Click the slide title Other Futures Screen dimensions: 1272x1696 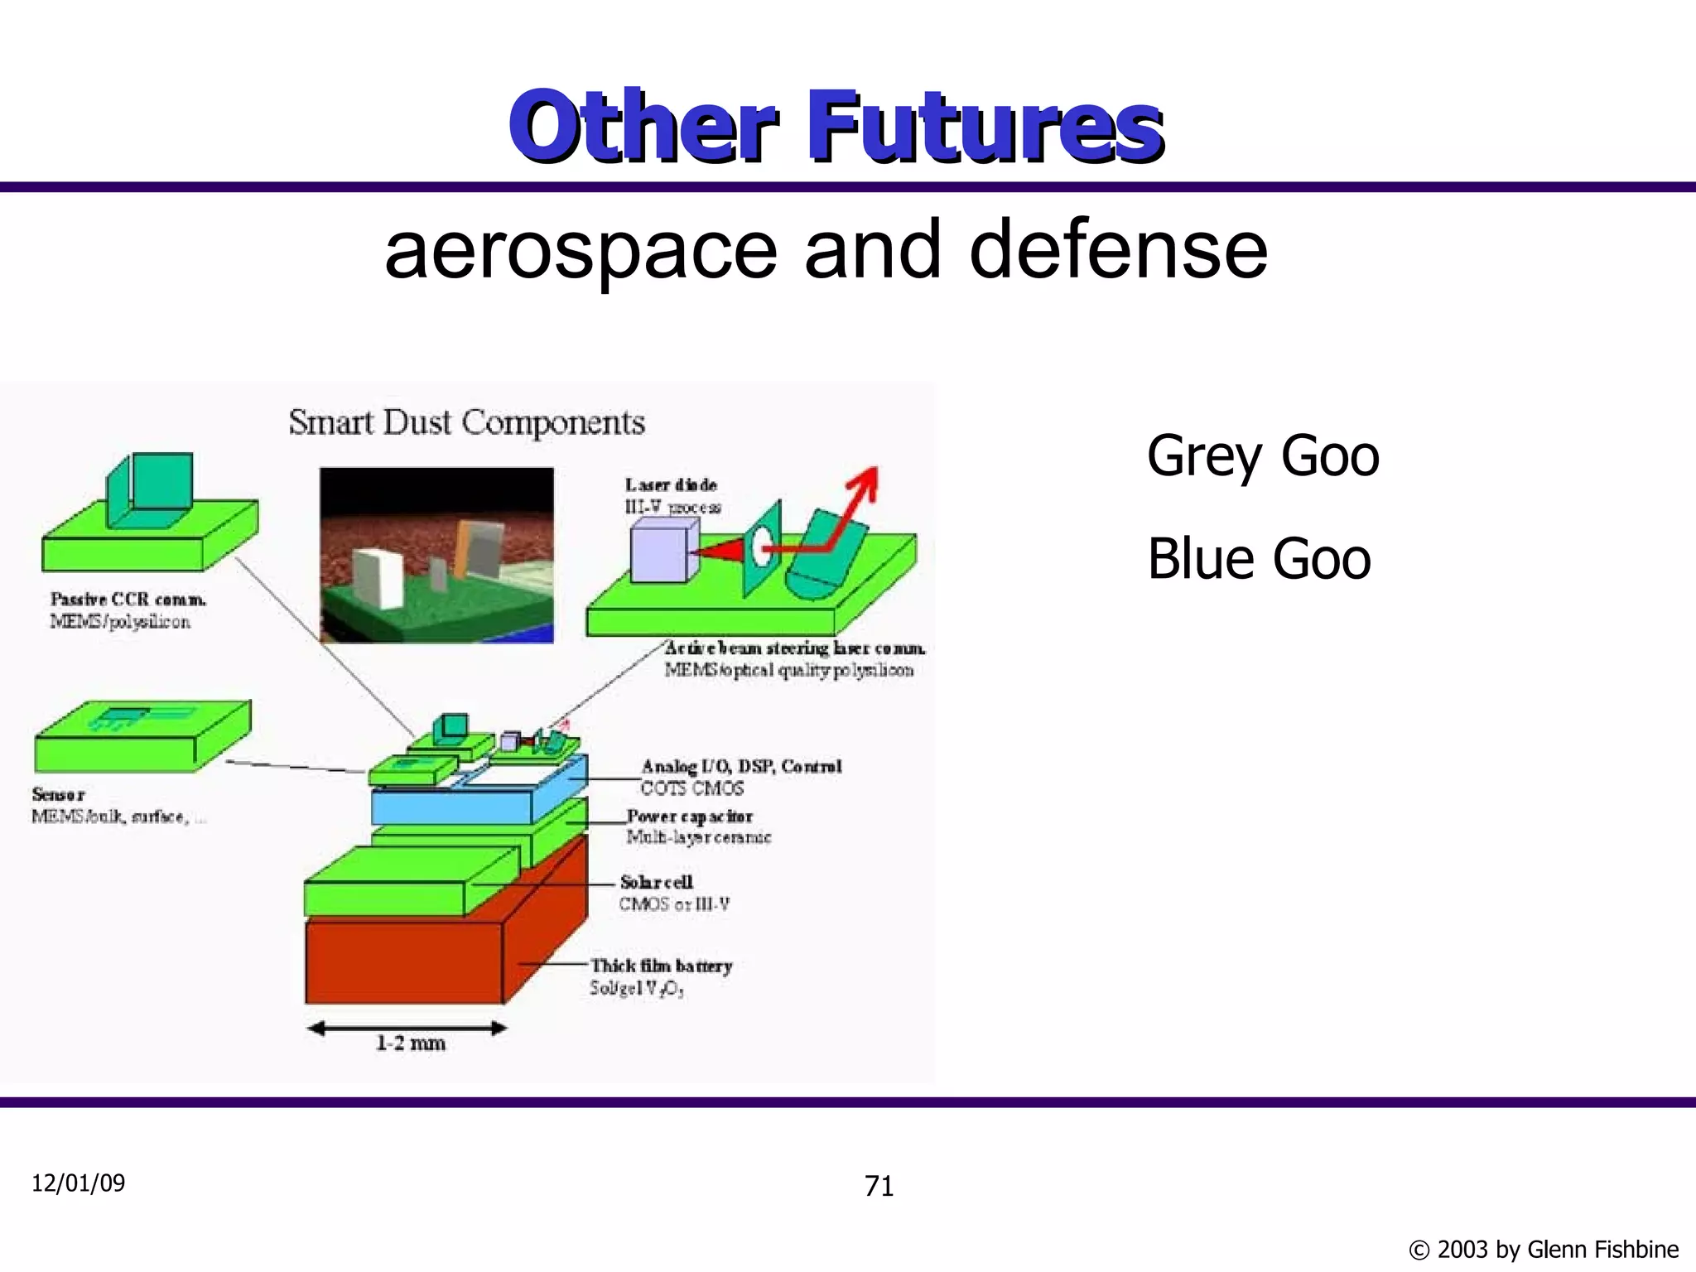click(x=836, y=126)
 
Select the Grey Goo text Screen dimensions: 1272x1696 click(x=1262, y=456)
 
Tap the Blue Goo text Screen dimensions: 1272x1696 click(x=1258, y=559)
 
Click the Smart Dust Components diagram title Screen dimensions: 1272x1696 click(x=466, y=423)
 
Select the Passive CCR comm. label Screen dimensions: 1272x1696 click(x=128, y=600)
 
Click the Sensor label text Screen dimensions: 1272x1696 click(x=58, y=794)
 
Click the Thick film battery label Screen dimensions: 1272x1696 click(x=661, y=966)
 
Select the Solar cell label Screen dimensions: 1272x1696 click(x=657, y=883)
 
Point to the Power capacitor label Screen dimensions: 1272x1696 click(x=689, y=817)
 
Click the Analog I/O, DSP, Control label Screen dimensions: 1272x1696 click(x=741, y=767)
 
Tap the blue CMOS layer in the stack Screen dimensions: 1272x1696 click(x=451, y=805)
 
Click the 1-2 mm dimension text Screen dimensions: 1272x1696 click(x=411, y=1043)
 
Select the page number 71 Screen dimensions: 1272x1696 click(x=879, y=1187)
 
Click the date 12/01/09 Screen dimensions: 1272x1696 click(x=79, y=1183)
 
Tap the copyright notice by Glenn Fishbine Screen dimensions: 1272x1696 click(x=1543, y=1249)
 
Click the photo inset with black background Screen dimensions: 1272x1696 click(x=436, y=555)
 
